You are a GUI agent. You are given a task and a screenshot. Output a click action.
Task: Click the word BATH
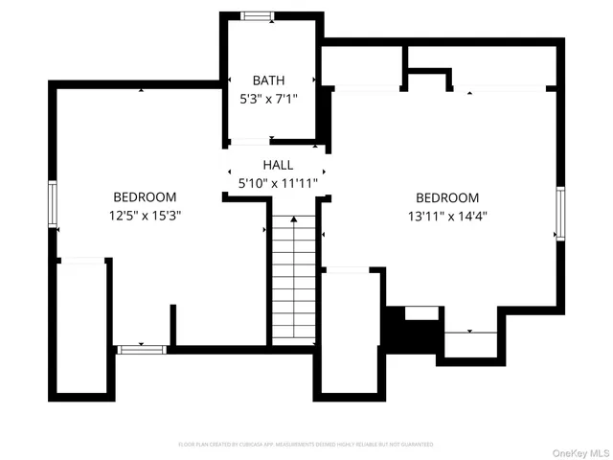269,80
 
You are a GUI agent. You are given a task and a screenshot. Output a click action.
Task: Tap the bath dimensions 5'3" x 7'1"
269,97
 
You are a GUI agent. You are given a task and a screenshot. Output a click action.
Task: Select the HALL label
278,166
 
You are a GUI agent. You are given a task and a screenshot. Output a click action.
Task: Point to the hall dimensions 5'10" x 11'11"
278,182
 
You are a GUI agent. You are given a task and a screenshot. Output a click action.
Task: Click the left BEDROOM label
145,198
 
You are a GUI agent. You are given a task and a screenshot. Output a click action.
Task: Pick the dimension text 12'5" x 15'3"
145,216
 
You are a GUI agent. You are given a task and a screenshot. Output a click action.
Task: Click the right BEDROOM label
447,198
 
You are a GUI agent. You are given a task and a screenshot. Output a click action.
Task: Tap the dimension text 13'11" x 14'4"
447,216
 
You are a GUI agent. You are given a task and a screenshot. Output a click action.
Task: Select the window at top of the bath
256,15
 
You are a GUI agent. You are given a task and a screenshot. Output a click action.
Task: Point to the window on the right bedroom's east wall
560,213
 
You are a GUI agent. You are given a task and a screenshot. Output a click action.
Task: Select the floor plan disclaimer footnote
306,445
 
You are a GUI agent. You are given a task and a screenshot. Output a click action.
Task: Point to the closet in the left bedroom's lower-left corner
82,326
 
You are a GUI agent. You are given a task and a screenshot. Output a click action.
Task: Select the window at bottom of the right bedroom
469,332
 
